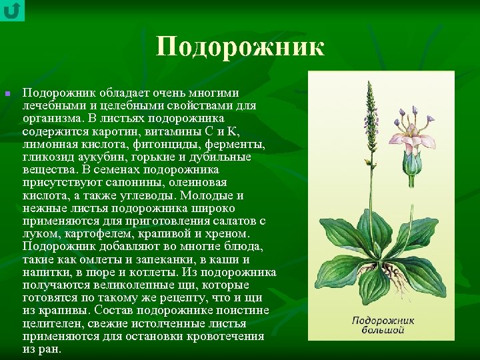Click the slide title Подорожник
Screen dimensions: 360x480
pyautogui.click(x=241, y=47)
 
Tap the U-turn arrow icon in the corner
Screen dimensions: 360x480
pyautogui.click(x=12, y=10)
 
